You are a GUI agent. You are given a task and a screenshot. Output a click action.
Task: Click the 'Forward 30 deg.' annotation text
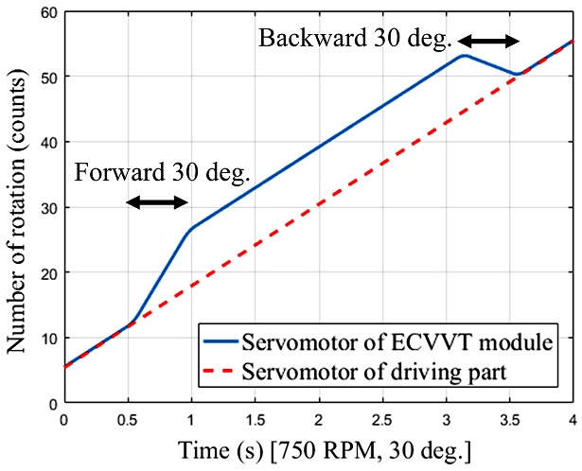162,173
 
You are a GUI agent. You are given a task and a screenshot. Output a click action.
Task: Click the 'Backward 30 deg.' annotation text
355,40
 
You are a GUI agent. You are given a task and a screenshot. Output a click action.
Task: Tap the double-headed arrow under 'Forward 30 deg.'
159,202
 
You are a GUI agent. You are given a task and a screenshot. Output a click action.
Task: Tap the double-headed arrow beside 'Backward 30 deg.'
489,41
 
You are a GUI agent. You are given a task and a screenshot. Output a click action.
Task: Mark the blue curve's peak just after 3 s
464,55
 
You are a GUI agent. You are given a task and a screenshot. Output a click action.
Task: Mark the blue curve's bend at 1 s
191,228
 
